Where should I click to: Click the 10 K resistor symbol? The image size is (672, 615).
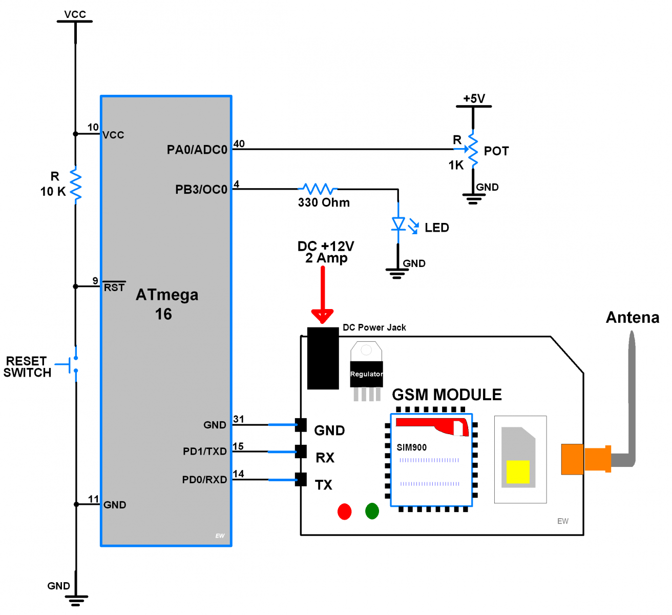(76, 184)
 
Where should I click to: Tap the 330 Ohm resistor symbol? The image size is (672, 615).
(318, 189)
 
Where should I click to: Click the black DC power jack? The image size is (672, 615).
(323, 358)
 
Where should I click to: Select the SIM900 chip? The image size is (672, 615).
(431, 460)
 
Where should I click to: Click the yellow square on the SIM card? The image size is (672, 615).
(518, 471)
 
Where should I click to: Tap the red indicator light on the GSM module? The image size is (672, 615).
(345, 511)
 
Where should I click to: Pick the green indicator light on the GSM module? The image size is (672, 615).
(372, 511)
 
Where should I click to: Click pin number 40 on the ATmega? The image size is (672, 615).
(239, 143)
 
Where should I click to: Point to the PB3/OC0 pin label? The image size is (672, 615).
(201, 190)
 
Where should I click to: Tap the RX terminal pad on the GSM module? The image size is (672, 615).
(301, 452)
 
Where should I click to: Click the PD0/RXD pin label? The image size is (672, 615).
(204, 480)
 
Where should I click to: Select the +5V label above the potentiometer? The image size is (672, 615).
(474, 98)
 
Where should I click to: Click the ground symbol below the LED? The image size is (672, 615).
(397, 272)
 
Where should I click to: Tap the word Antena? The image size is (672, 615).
(633, 318)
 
